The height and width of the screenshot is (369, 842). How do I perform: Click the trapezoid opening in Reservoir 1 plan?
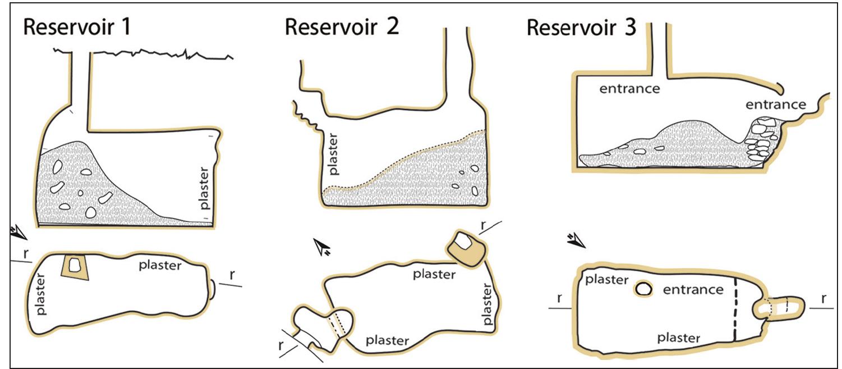[x=74, y=265]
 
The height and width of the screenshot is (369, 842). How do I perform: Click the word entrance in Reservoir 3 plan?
[x=693, y=290]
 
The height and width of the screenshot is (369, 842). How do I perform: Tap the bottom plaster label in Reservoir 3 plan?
[x=679, y=338]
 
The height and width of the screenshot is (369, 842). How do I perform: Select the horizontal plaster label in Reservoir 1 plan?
[x=160, y=265]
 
